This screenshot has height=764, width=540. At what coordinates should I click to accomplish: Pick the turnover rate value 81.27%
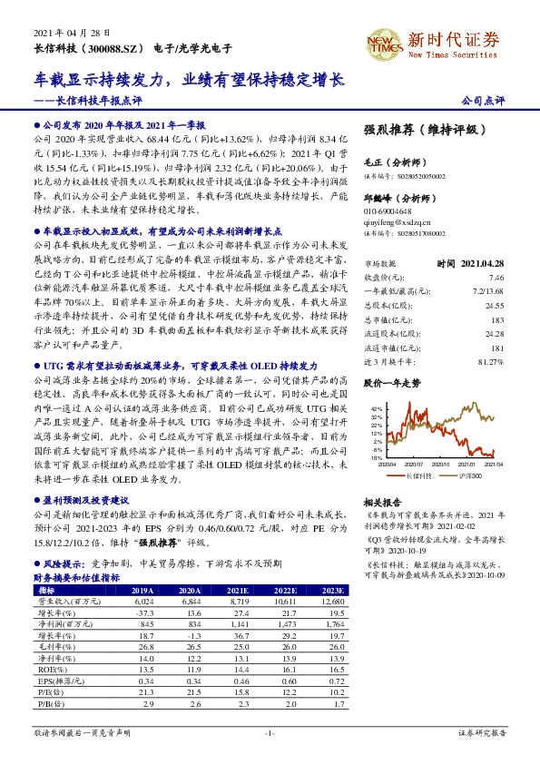point(489,362)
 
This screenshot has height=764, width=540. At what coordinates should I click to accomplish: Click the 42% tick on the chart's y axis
point(377,410)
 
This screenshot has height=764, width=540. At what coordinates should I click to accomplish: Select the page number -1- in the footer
point(270,732)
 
